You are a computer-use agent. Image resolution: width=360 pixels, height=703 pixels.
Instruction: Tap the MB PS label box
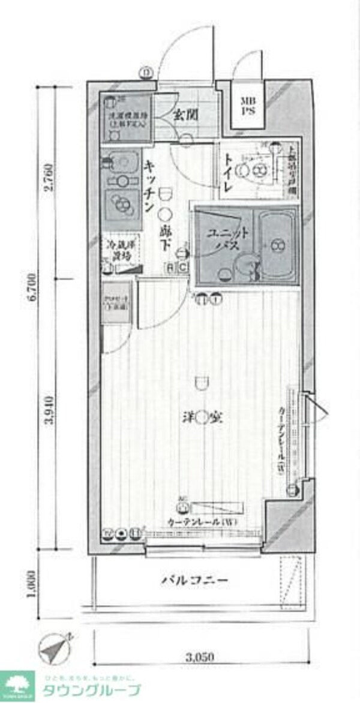point(247,106)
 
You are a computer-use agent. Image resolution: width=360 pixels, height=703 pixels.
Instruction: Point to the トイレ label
point(229,172)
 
